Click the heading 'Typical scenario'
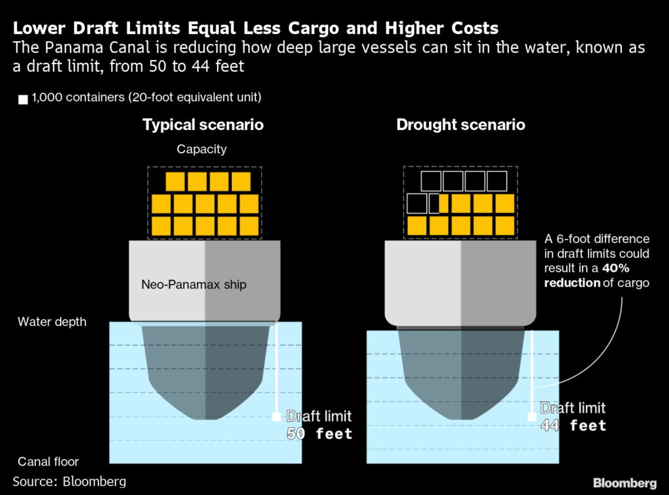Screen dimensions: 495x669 pyautogui.click(x=203, y=125)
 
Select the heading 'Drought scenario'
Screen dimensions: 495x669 pyautogui.click(x=461, y=125)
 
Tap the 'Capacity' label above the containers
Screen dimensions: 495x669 pyautogui.click(x=202, y=150)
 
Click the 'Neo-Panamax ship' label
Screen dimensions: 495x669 pyautogui.click(x=194, y=285)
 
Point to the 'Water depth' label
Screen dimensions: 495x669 pyautogui.click(x=52, y=322)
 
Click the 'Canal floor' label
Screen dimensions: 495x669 pyautogui.click(x=48, y=462)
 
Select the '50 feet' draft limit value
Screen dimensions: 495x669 pyautogui.click(x=319, y=434)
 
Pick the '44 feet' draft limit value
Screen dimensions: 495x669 pyautogui.click(x=573, y=426)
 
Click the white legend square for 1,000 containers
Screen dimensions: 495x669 pyautogui.click(x=23, y=100)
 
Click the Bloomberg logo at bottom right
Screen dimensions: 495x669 pyautogui.click(x=625, y=483)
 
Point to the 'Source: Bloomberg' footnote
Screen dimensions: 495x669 pyautogui.click(x=69, y=482)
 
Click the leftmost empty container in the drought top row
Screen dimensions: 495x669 pyautogui.click(x=431, y=182)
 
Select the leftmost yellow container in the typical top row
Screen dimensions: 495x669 pyautogui.click(x=175, y=182)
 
